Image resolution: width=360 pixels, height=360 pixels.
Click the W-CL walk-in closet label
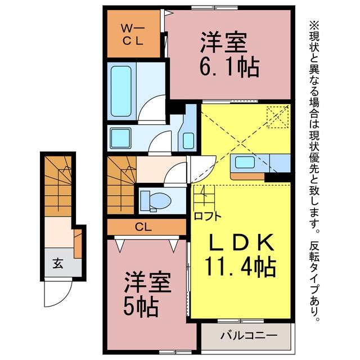[x=133, y=34]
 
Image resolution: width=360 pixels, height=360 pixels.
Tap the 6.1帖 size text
[x=229, y=67]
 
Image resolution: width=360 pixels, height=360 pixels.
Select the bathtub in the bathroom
[x=121, y=91]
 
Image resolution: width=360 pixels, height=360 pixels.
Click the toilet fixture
[x=156, y=201]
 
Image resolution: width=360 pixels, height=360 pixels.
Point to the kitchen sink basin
[x=245, y=162]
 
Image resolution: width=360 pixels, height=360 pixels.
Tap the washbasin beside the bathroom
[x=188, y=140]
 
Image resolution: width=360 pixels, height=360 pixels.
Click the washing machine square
[x=120, y=138]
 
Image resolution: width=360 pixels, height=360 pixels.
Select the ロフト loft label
[x=208, y=216]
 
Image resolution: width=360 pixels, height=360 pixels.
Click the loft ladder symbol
[x=204, y=196]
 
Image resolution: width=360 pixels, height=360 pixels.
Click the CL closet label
[x=143, y=227]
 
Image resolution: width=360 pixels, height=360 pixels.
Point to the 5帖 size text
[x=141, y=307]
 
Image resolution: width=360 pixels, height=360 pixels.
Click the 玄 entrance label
[x=58, y=263]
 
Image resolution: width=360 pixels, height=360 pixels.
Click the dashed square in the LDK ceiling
[x=277, y=117]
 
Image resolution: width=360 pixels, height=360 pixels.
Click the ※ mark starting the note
[x=314, y=25]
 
